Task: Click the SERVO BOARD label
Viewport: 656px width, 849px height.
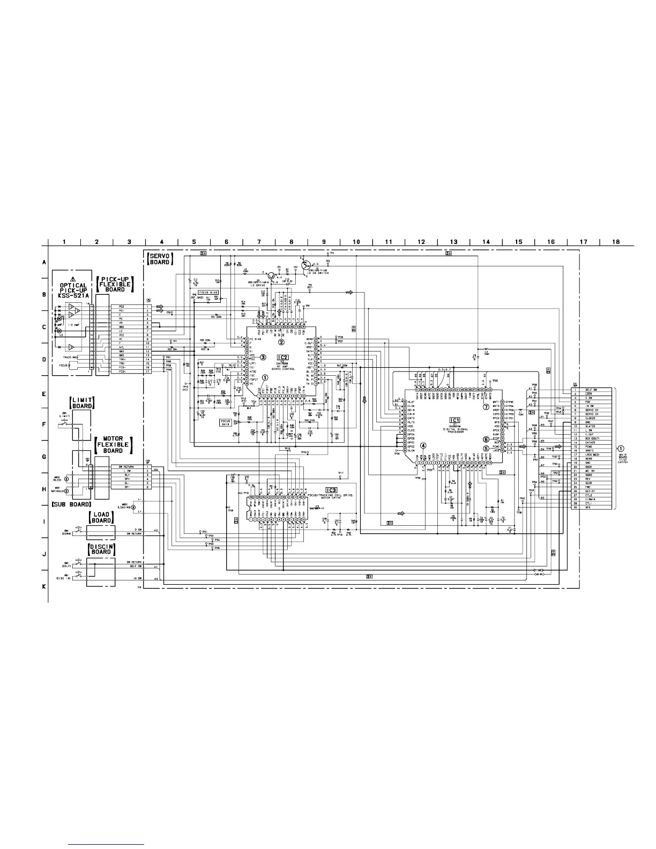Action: [x=160, y=258]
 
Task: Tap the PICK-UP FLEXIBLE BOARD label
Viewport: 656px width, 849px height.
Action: [x=115, y=284]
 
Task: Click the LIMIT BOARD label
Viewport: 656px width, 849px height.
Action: [x=81, y=402]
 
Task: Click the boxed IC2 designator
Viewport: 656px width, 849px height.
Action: [x=282, y=357]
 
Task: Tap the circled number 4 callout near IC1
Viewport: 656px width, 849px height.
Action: [x=423, y=445]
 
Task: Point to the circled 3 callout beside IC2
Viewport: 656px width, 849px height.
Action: [x=263, y=356]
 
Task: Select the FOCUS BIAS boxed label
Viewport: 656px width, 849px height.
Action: [x=206, y=293]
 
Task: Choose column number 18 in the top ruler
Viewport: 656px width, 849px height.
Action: [x=616, y=242]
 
